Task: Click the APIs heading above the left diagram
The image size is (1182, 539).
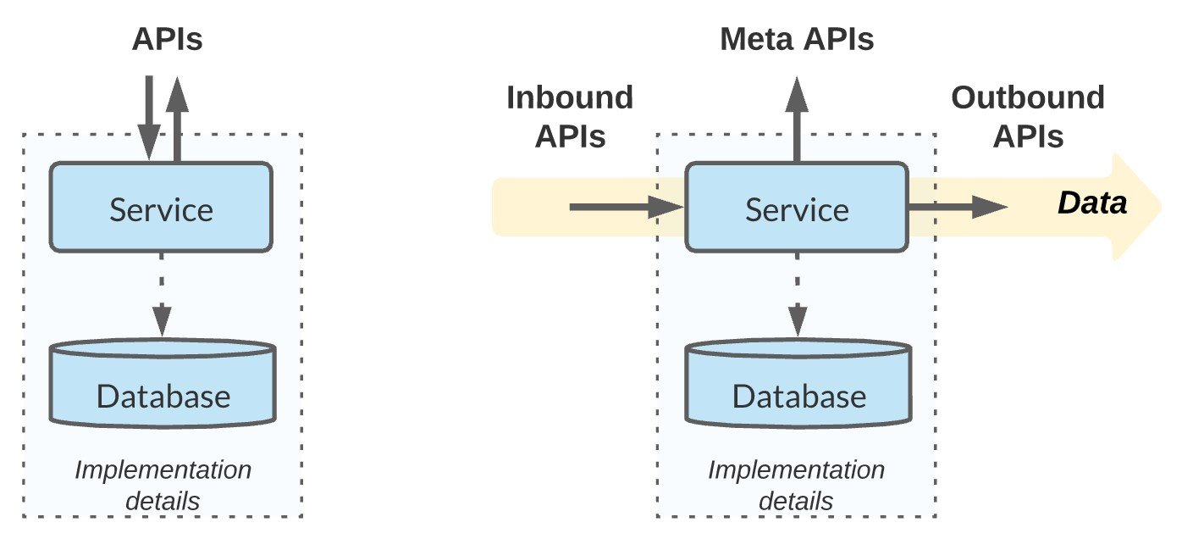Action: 168,40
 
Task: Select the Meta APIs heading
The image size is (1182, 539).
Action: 797,40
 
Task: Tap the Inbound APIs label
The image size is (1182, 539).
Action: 570,116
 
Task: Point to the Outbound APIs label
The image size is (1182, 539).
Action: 1028,116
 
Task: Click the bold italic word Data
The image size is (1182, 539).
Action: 1092,204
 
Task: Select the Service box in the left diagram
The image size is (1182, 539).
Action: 161,208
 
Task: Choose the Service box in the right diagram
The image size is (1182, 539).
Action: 796,208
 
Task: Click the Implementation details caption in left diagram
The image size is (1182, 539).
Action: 163,485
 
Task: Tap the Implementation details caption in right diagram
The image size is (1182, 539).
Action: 796,485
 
